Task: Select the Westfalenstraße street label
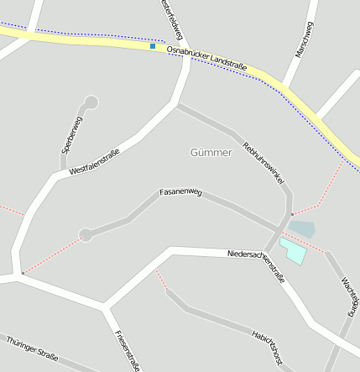[95, 162]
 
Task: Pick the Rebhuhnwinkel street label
[264, 162]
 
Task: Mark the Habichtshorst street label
[266, 347]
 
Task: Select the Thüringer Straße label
[32, 349]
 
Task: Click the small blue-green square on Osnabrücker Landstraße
[152, 46]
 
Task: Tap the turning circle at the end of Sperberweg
[91, 102]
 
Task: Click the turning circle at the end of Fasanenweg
[85, 234]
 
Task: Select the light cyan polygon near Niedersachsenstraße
[294, 250]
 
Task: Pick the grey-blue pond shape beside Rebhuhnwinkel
[303, 228]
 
